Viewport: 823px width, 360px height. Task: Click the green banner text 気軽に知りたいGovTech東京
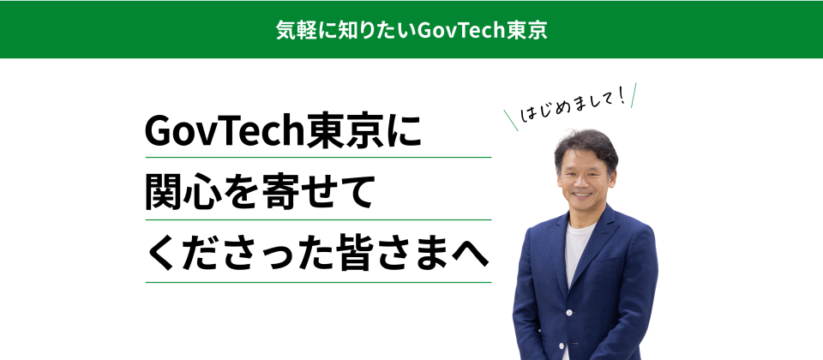tap(411, 29)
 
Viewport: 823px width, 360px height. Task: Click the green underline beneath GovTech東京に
tap(318, 158)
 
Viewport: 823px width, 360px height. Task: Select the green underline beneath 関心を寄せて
tap(318, 220)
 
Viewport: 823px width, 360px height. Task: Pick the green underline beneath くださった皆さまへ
tap(318, 282)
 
